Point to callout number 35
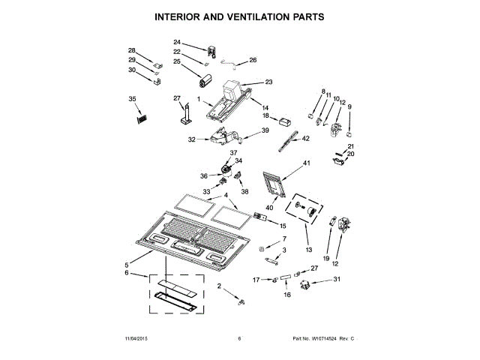pos(133,99)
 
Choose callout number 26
pos(253,60)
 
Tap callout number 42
pos(305,139)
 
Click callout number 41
pos(306,163)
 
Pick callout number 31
pos(337,279)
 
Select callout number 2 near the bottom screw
pos(220,286)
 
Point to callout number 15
pos(283,225)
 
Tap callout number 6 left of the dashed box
pos(127,274)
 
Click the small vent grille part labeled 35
pos(140,118)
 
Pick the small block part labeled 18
pos(285,122)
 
